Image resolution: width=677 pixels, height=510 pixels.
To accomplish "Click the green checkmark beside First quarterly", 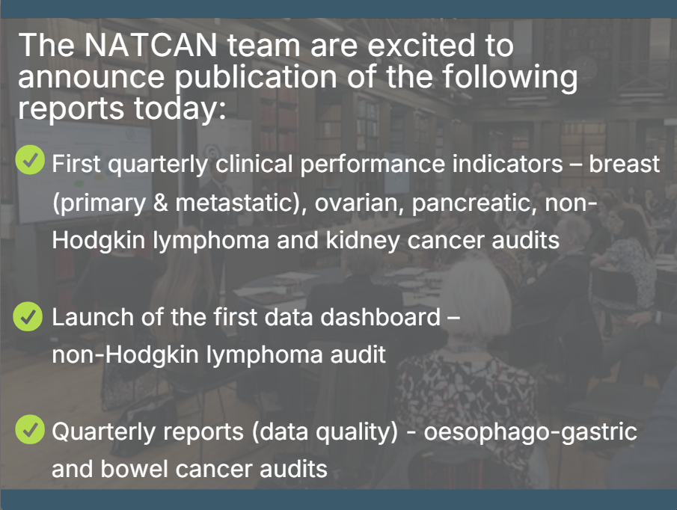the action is click(30, 159).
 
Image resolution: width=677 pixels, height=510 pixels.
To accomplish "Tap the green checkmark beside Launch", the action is click(28, 316).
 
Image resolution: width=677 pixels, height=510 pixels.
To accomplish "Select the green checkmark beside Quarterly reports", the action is click(30, 429).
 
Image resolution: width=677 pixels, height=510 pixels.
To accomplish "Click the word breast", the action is click(625, 164).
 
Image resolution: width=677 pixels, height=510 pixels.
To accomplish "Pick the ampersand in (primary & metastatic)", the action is click(160, 203).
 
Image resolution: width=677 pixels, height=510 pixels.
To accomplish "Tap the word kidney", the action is click(363, 241).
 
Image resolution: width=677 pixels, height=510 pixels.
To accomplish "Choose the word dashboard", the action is click(380, 317).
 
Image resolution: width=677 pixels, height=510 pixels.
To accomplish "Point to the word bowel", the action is click(134, 469).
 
